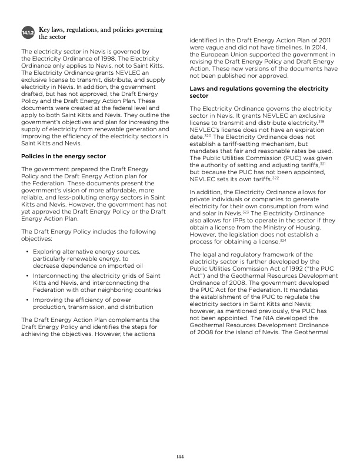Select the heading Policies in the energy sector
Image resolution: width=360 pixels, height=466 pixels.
(x=64, y=156)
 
